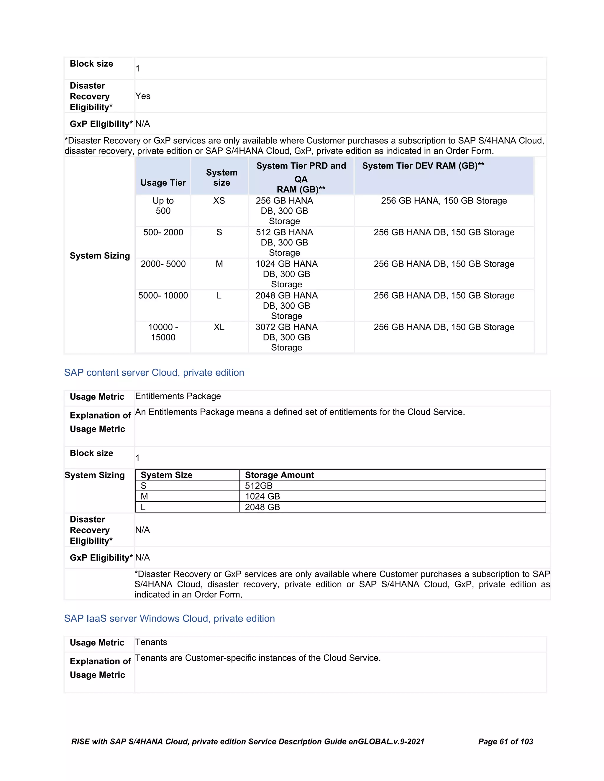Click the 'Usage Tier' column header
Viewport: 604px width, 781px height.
[163, 183]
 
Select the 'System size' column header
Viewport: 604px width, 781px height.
[221, 177]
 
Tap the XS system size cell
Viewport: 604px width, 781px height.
[219, 201]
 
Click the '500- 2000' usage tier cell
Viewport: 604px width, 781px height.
[163, 233]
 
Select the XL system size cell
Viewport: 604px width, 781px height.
[219, 327]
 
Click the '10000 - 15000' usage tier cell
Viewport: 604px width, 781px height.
[163, 332]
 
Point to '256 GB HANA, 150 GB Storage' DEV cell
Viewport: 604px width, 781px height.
[444, 201]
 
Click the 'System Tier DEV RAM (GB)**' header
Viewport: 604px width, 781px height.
[423, 166]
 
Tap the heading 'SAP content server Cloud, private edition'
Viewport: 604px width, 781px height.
[154, 373]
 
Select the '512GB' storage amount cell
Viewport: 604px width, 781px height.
[259, 486]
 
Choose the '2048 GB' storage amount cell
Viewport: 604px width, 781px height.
[262, 507]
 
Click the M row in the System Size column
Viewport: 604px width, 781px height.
[145, 496]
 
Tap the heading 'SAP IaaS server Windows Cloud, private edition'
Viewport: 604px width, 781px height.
[169, 619]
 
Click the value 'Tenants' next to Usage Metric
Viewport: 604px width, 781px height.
[151, 642]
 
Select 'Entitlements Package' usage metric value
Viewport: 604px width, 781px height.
[178, 396]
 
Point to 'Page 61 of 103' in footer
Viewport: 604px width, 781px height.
[505, 742]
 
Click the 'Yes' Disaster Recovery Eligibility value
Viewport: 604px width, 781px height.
[143, 96]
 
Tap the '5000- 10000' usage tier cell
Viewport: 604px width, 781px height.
[163, 296]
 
